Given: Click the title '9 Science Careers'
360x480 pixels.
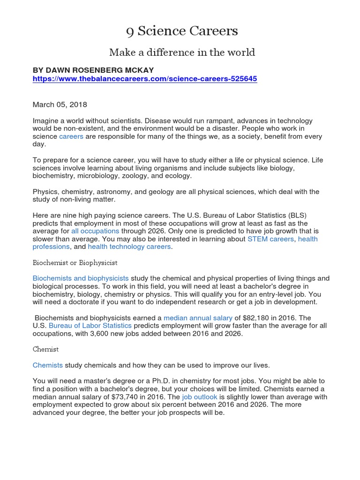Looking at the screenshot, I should tap(182, 31).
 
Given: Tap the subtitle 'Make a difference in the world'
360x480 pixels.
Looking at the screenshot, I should tap(182, 52).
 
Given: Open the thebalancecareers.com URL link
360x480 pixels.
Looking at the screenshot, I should tap(145, 79).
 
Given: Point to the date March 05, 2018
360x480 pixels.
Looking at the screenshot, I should tap(60, 105).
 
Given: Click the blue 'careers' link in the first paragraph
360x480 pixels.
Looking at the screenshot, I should tap(71, 136).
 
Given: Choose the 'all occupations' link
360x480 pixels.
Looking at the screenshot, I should tap(95, 231).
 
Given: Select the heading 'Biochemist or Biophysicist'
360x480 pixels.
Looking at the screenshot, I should tap(75, 262).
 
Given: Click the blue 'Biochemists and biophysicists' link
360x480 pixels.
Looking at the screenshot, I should tap(81, 278).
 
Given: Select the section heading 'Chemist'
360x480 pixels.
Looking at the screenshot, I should tap(45, 349).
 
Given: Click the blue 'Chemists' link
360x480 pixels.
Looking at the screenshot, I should tap(47, 365).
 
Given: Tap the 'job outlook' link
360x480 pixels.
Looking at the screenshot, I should tap(200, 397).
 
